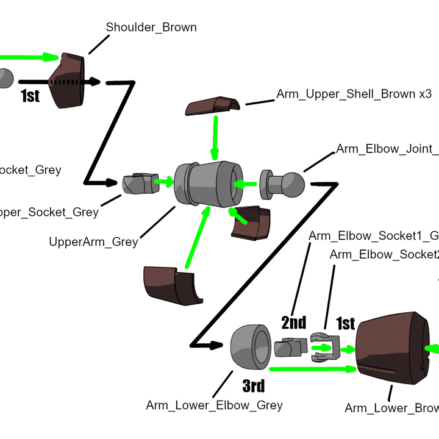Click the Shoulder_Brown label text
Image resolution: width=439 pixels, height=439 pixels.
pyautogui.click(x=151, y=27)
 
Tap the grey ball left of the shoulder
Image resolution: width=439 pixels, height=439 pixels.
pyautogui.click(x=5, y=78)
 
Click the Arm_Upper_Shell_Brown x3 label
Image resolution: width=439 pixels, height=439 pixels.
pyautogui.click(x=354, y=95)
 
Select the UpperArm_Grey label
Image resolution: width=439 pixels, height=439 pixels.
pyautogui.click(x=93, y=242)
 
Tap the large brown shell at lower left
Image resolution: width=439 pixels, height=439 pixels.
pyautogui.click(x=171, y=285)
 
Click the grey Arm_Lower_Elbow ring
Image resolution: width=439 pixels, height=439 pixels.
pyautogui.click(x=251, y=347)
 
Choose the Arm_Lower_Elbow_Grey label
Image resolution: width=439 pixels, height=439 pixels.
pyautogui.click(x=214, y=405)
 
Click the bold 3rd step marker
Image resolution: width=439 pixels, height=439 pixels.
pyautogui.click(x=254, y=386)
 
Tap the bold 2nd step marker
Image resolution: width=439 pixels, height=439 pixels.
pyautogui.click(x=293, y=322)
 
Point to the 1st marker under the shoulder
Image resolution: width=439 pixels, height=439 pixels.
pyautogui.click(x=30, y=96)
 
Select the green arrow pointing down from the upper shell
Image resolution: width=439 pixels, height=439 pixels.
pyautogui.click(x=215, y=137)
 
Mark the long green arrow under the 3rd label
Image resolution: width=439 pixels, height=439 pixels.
pyautogui.click(x=311, y=368)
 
